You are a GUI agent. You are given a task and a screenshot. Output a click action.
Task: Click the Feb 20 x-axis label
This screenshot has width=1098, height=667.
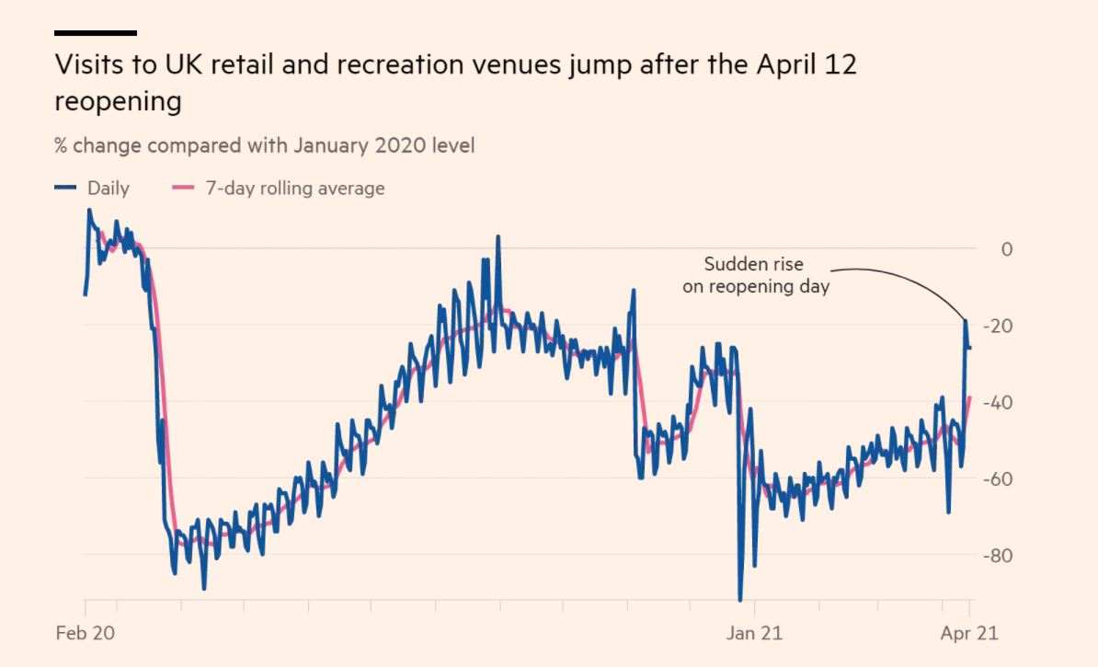click(84, 633)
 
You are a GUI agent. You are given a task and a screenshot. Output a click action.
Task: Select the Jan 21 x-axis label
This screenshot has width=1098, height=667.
click(754, 633)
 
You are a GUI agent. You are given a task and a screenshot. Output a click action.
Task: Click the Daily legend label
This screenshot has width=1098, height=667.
click(109, 189)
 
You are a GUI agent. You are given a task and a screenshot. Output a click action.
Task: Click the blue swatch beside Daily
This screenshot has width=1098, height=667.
click(65, 189)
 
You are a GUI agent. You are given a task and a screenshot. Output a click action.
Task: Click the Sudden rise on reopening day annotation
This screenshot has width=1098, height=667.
click(756, 275)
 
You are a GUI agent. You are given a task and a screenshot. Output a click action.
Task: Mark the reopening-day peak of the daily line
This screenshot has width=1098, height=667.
click(966, 320)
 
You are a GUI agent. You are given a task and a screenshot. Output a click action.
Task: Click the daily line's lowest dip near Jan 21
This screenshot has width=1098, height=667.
click(740, 600)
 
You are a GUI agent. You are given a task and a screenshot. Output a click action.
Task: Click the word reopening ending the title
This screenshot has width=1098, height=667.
click(118, 101)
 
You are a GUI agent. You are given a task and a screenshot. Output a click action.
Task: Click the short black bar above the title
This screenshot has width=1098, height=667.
click(96, 33)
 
